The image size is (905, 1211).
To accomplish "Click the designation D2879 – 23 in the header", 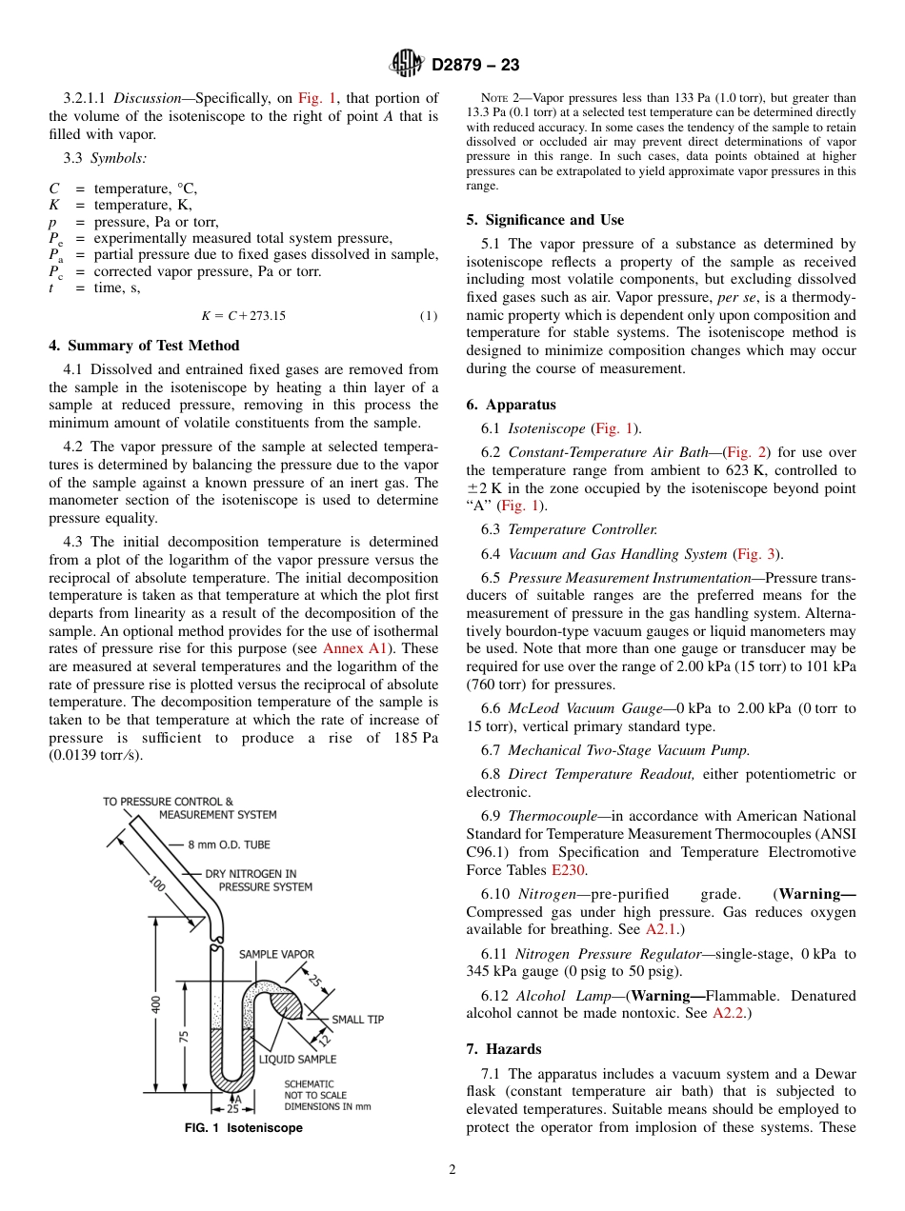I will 475,66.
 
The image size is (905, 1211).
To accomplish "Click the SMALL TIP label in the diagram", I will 357,1020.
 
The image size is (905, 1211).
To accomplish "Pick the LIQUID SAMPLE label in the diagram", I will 297,1059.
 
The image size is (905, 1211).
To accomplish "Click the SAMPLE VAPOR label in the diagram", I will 276,954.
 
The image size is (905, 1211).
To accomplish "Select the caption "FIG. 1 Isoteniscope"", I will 243,1128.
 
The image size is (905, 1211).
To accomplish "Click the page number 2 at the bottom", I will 452,1170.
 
